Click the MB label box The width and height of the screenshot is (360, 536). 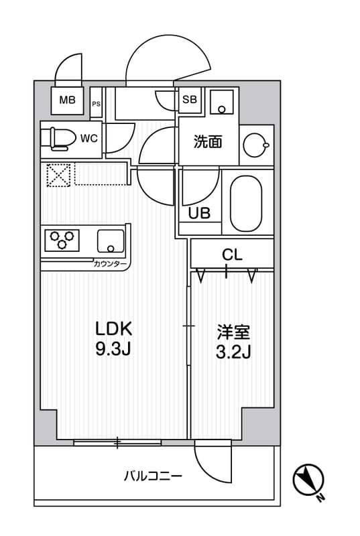[x=67, y=102]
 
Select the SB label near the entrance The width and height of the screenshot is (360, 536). [x=189, y=100]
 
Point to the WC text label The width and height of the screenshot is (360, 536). [x=89, y=139]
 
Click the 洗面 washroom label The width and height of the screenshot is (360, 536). [x=207, y=142]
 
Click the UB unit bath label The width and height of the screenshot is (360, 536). [x=199, y=214]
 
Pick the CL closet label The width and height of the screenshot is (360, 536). [x=232, y=255]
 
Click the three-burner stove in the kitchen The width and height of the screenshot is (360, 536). [x=62, y=240]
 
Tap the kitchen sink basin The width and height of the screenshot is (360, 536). [x=110, y=240]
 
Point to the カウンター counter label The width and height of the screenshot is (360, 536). [x=111, y=265]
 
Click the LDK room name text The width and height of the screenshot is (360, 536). [x=114, y=329]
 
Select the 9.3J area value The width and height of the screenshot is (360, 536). [x=114, y=350]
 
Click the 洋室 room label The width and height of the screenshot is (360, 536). [x=233, y=332]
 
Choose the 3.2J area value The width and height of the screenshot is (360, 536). [x=233, y=352]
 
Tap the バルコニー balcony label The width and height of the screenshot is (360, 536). [x=153, y=476]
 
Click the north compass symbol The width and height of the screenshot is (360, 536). [x=308, y=480]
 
